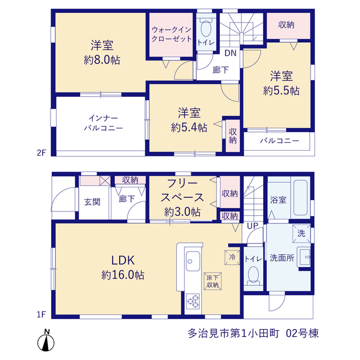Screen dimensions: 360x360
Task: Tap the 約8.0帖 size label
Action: click(x=102, y=60)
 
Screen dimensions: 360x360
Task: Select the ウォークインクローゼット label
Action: click(x=172, y=34)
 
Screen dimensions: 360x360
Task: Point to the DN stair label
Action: click(x=230, y=53)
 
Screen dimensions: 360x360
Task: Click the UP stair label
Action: click(x=253, y=226)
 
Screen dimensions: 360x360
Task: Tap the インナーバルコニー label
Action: click(x=103, y=123)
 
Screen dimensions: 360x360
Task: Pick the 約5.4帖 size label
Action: click(x=189, y=128)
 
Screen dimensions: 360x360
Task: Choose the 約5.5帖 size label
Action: click(x=281, y=91)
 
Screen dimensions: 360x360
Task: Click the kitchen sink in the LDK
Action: click(x=193, y=261)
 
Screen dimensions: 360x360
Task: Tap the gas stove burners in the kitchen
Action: click(x=193, y=301)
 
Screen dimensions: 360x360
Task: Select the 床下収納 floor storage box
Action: click(x=213, y=281)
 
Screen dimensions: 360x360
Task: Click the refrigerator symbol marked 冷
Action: click(x=232, y=257)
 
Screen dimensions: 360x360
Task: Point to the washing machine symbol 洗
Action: click(x=301, y=233)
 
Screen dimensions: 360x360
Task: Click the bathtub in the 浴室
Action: click(x=300, y=197)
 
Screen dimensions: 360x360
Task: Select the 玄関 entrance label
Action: click(x=92, y=202)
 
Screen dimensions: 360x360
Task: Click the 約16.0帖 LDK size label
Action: click(x=123, y=275)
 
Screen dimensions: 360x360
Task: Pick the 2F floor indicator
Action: click(x=42, y=152)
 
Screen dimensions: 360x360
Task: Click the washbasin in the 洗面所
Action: click(x=304, y=257)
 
